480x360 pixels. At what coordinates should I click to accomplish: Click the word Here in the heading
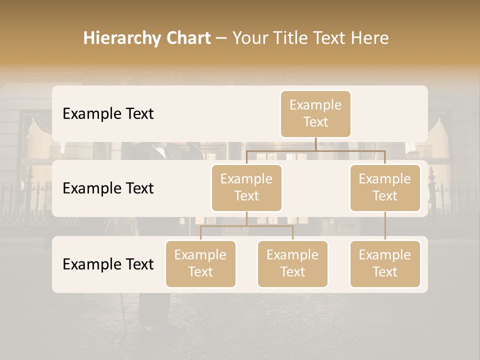pos(369,38)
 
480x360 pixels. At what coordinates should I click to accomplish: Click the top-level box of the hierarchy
pos(315,114)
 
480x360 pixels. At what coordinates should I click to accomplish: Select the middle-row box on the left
pos(246,188)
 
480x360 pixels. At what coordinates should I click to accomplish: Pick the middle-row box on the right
pos(385,188)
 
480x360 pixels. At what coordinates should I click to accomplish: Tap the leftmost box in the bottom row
pos(200,264)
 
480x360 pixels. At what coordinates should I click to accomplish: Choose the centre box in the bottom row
pos(292,264)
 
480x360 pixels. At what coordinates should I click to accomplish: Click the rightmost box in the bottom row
pos(385,264)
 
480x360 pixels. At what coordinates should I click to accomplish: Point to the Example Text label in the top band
pos(108,114)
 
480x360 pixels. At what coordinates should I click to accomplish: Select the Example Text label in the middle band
pos(108,188)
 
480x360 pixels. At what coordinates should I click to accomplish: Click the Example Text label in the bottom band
pos(108,264)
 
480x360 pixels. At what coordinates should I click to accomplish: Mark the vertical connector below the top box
pos(315,144)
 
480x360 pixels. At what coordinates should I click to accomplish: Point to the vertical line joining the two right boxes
pos(385,226)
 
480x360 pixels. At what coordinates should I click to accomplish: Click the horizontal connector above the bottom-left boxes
pos(246,226)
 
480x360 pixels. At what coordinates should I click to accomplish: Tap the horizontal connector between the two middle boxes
pos(315,150)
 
